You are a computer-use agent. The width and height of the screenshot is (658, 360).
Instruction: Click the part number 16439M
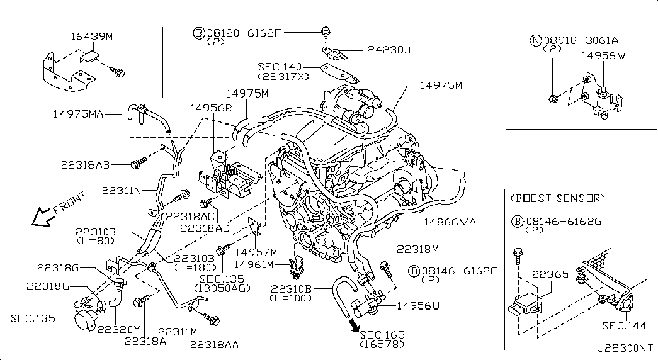(91, 36)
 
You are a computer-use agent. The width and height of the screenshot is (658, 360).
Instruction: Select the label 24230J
(389, 50)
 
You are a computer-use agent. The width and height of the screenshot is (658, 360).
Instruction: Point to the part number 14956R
(211, 108)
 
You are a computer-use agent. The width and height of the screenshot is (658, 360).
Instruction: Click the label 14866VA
(450, 222)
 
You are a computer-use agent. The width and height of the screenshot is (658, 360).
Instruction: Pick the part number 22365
(550, 274)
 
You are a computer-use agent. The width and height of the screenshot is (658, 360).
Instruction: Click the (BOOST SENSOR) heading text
(558, 198)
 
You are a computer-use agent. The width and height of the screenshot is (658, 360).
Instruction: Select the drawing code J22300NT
(625, 348)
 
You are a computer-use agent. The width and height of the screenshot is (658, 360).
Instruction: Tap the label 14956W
(603, 56)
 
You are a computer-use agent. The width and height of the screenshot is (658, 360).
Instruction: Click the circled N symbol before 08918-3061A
(535, 40)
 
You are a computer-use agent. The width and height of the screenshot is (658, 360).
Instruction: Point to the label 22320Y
(119, 330)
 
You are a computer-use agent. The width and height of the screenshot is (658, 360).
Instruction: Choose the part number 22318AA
(215, 344)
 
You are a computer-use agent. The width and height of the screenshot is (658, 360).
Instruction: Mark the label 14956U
(418, 305)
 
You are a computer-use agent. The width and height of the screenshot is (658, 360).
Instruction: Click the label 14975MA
(78, 114)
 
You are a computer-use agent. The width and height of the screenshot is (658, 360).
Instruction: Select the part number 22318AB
(85, 165)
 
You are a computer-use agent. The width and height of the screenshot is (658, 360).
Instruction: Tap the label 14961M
(254, 265)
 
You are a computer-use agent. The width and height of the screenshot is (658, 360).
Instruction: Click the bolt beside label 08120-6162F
(326, 33)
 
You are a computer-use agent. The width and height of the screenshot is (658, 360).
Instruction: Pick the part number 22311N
(122, 191)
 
